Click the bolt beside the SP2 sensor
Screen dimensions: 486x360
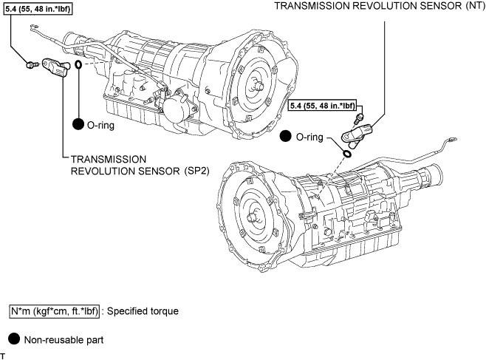(31, 65)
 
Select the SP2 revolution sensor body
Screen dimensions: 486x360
(56, 67)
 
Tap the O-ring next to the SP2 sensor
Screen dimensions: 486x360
(78, 64)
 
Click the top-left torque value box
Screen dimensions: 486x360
(38, 9)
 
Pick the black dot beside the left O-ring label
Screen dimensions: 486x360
(78, 124)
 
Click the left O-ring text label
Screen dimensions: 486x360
(100, 125)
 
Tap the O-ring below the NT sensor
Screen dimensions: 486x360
(347, 154)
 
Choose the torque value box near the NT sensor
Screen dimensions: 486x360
(322, 106)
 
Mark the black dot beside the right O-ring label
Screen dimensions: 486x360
(285, 136)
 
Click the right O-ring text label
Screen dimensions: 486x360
(309, 137)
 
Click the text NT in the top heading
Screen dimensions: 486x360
(474, 6)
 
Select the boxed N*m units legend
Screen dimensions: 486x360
(55, 311)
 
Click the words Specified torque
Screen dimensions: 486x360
(143, 311)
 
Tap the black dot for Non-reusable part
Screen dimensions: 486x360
(13, 339)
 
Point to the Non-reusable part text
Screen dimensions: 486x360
(64, 340)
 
